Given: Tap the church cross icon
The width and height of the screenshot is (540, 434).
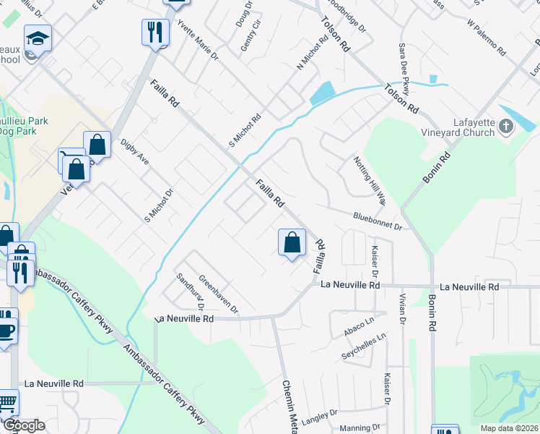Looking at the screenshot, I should pyautogui.click(x=506, y=128).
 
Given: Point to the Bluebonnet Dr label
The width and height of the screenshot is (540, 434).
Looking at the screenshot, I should pyautogui.click(x=376, y=221).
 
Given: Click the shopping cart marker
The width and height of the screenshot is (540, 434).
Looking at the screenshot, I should pyautogui.click(x=7, y=402).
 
